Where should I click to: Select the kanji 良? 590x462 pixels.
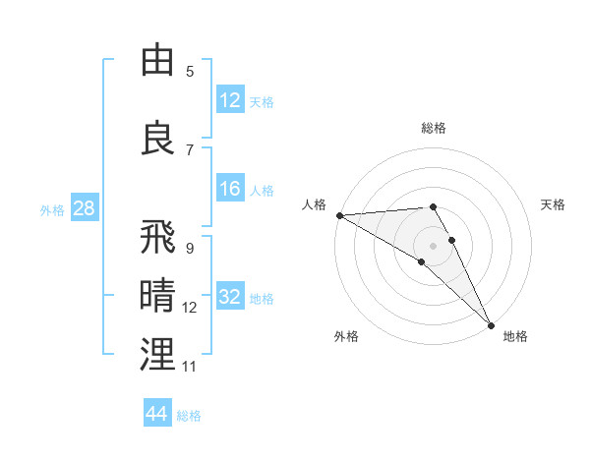[x=157, y=138]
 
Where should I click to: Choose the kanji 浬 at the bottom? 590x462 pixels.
[x=157, y=354]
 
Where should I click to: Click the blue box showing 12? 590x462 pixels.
[x=230, y=101]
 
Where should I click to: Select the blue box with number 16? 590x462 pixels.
[x=230, y=190]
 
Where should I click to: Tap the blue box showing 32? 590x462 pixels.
[x=230, y=298]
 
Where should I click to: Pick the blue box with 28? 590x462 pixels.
[x=84, y=209]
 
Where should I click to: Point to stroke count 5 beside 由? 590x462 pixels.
[x=190, y=71]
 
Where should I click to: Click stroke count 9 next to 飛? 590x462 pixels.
[x=190, y=248]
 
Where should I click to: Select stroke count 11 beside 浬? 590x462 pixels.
[x=190, y=367]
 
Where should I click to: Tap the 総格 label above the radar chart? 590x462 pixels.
[x=433, y=128]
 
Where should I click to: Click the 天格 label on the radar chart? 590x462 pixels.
[x=553, y=204]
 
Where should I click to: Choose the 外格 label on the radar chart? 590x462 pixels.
[x=346, y=336]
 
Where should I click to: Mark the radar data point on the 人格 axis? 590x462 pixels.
[x=339, y=215]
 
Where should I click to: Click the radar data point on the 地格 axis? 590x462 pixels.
[x=491, y=323]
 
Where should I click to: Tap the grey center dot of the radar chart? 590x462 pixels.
[x=433, y=245]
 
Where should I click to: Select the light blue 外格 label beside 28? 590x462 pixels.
[x=52, y=209]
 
